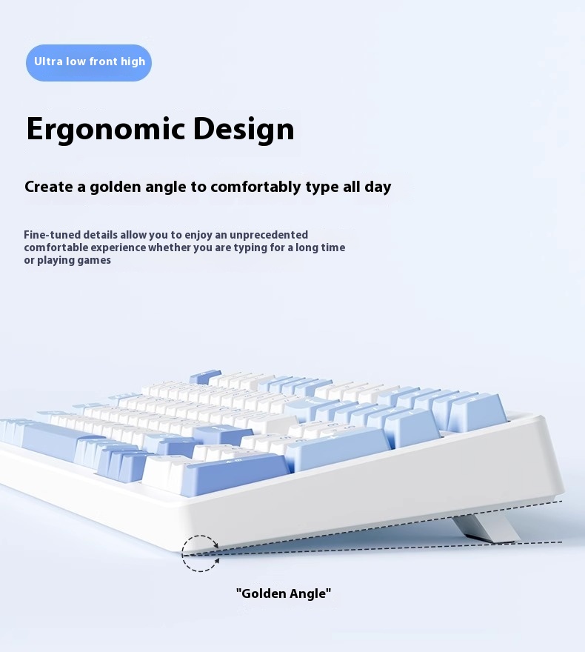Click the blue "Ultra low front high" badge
pyautogui.click(x=89, y=62)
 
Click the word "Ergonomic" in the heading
pyautogui.click(x=104, y=130)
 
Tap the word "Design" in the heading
pyautogui.click(x=244, y=130)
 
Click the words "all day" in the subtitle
pyautogui.click(x=367, y=187)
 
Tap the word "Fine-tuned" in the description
pyautogui.click(x=52, y=235)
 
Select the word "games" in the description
pyautogui.click(x=94, y=260)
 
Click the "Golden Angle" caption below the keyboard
pyautogui.click(x=284, y=593)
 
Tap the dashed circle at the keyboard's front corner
pyautogui.click(x=201, y=553)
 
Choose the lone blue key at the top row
pyautogui.click(x=205, y=377)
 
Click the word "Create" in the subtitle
pyautogui.click(x=49, y=187)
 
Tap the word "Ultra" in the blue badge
pyautogui.click(x=48, y=61)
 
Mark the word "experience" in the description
pyautogui.click(x=117, y=247)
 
